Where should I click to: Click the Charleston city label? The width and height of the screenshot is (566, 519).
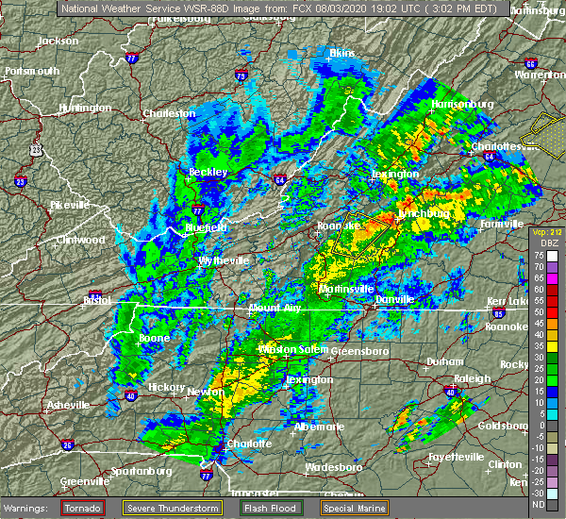click(x=169, y=113)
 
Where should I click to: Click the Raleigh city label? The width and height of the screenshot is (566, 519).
click(x=472, y=378)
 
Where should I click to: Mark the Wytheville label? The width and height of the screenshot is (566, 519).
click(x=223, y=259)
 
